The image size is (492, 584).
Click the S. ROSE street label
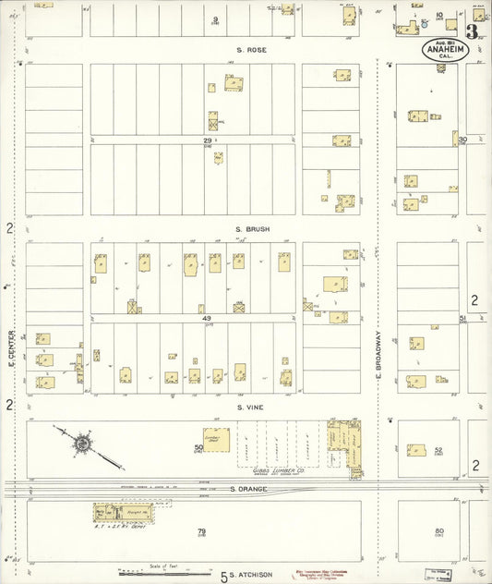point(251,50)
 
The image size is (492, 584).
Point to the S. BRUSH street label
point(251,229)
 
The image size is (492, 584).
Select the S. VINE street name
point(251,407)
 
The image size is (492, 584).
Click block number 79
point(201,531)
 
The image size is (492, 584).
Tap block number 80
point(439,531)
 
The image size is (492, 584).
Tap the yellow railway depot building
point(118,511)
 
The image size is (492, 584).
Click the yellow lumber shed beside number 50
point(217,440)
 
